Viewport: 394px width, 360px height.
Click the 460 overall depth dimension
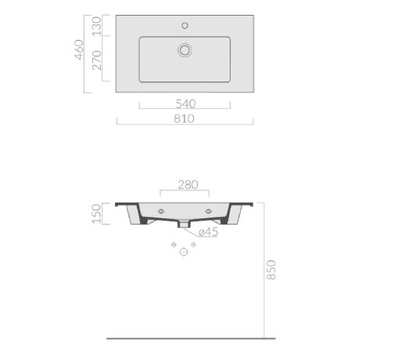[x=80, y=50]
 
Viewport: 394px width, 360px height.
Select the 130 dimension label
[x=97, y=26]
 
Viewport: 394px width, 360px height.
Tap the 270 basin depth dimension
[x=97, y=60]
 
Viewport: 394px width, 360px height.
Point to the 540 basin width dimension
[x=185, y=104]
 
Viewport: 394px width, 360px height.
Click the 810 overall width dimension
[x=184, y=119]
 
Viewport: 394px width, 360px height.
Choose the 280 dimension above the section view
[x=188, y=185]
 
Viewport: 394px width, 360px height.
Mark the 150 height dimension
[x=96, y=214]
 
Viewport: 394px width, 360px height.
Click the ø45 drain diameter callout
[x=208, y=232]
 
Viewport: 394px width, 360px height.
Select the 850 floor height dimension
[x=271, y=270]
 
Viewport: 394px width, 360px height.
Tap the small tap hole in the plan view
[x=184, y=26]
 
